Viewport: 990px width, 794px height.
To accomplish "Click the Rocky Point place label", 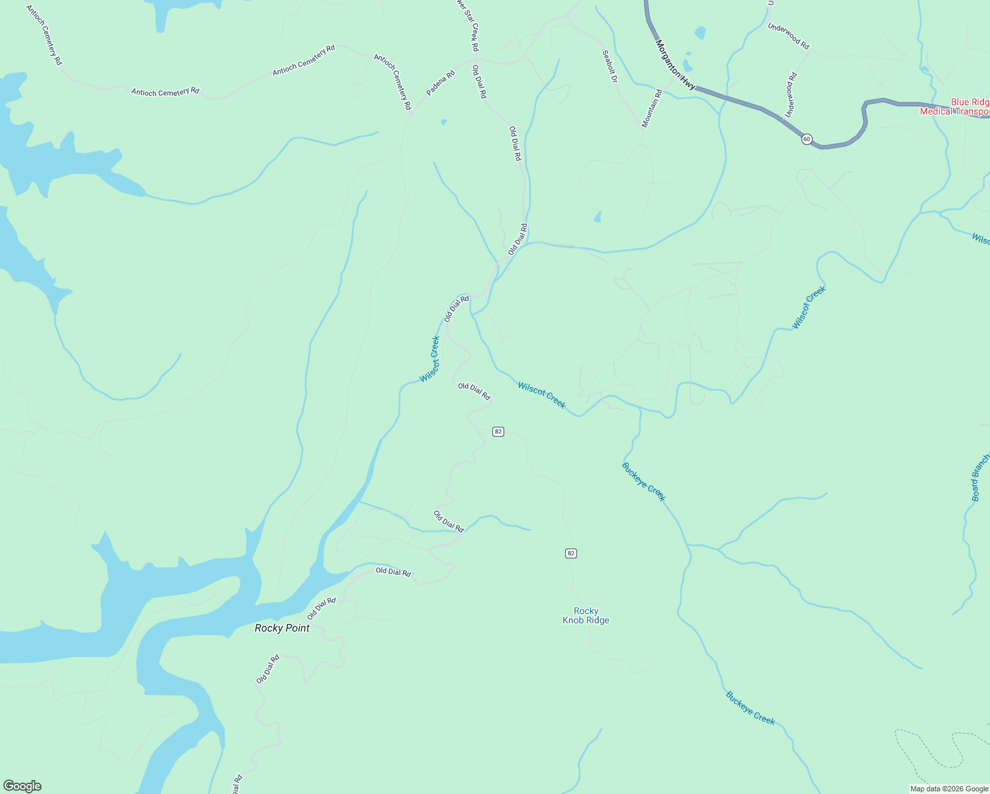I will pyautogui.click(x=282, y=628).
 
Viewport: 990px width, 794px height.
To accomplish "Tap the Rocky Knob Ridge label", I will pyautogui.click(x=586, y=616).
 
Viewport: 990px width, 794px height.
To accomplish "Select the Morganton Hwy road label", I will pyautogui.click(x=675, y=65).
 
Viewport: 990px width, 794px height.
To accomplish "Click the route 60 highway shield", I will pyautogui.click(x=806, y=139).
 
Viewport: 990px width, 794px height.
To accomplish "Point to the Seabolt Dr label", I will pyautogui.click(x=609, y=66).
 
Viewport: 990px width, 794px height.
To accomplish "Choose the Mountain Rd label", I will pyautogui.click(x=652, y=108).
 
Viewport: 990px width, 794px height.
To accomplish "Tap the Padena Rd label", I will pyautogui.click(x=441, y=83).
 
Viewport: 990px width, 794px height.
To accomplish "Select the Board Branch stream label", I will pyautogui.click(x=979, y=477).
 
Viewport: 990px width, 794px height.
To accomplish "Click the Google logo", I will pyautogui.click(x=22, y=786).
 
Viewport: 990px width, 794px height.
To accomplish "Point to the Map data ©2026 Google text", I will pyautogui.click(x=949, y=789).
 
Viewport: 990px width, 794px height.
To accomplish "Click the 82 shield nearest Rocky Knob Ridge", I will pyautogui.click(x=571, y=553).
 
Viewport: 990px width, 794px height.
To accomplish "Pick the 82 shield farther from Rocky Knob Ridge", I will pyautogui.click(x=498, y=431).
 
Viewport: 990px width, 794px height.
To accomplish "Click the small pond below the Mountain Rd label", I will pyautogui.click(x=598, y=216).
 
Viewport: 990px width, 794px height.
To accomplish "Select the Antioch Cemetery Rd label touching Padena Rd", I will pyautogui.click(x=392, y=81).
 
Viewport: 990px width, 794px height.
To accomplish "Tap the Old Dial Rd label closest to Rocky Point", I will pyautogui.click(x=322, y=608).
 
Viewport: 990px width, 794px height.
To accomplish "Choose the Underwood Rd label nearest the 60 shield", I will pyautogui.click(x=791, y=95).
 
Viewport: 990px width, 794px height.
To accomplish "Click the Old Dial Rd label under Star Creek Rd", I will pyautogui.click(x=479, y=82).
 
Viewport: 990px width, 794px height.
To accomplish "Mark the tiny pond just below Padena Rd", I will pyautogui.click(x=443, y=122).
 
